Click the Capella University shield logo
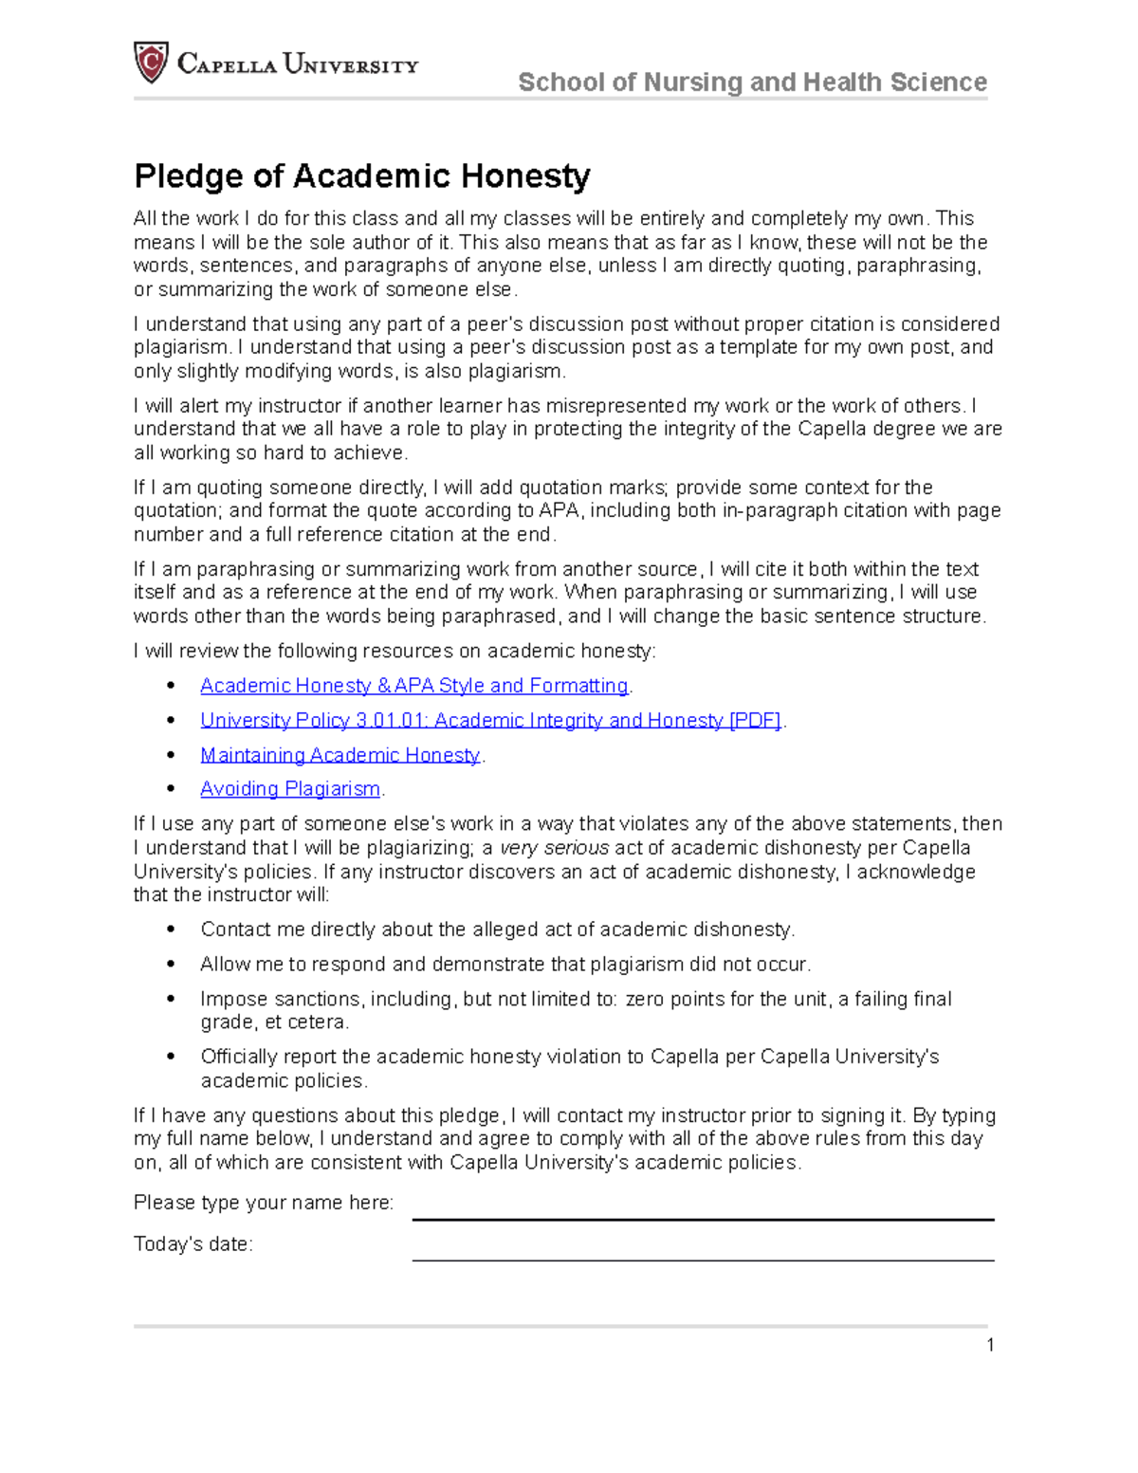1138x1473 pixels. click(151, 63)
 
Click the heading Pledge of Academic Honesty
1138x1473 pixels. click(361, 175)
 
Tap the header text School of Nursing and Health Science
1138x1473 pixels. click(752, 83)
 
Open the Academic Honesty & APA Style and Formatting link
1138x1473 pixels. click(414, 686)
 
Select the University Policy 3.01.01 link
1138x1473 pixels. click(490, 721)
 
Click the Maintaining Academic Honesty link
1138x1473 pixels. click(340, 755)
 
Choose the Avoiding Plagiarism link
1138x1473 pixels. click(290, 789)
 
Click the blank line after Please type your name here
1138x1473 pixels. click(703, 1209)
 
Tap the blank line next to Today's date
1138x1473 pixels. click(703, 1250)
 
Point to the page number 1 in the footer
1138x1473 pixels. click(990, 1345)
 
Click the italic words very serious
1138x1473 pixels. click(555, 848)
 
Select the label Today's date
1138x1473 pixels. click(193, 1244)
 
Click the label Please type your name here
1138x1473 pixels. click(264, 1203)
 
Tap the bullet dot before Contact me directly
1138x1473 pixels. click(171, 930)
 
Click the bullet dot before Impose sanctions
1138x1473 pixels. click(171, 1000)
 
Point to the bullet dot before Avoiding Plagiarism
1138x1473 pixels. click(171, 789)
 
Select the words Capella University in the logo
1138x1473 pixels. click(298, 64)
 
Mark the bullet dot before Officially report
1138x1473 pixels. click(171, 1058)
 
